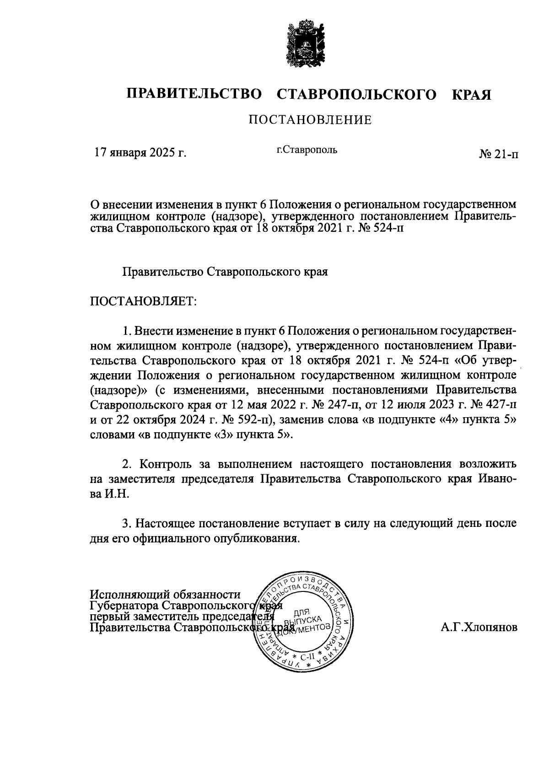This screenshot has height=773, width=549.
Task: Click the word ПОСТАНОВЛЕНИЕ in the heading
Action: pos(310,120)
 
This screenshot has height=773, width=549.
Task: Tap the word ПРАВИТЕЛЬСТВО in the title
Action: pos(194,95)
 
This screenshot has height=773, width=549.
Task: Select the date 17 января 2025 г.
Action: pos(140,152)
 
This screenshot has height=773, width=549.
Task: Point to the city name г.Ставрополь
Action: pos(307,150)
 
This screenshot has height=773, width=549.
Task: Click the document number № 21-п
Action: pos(499,155)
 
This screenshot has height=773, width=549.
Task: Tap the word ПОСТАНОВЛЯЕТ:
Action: pos(143,301)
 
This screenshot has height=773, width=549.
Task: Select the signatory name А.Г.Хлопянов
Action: pos(479,628)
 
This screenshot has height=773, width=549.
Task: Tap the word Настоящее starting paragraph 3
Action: pos(166,523)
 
